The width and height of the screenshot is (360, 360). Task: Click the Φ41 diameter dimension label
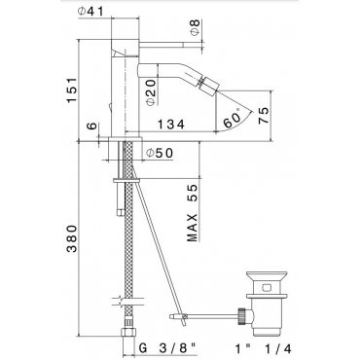(90, 11)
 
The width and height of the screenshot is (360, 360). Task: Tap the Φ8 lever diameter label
(195, 27)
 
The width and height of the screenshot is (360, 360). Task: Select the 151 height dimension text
(72, 90)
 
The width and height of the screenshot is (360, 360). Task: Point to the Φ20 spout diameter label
(151, 92)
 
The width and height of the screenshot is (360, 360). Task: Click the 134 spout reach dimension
(171, 124)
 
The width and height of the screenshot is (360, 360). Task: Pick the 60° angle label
(232, 119)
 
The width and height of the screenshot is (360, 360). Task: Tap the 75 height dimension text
(264, 115)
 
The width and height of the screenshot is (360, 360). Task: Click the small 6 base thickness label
(92, 126)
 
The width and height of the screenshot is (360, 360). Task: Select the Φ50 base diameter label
(160, 153)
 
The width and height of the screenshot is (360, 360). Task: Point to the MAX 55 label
(192, 213)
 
